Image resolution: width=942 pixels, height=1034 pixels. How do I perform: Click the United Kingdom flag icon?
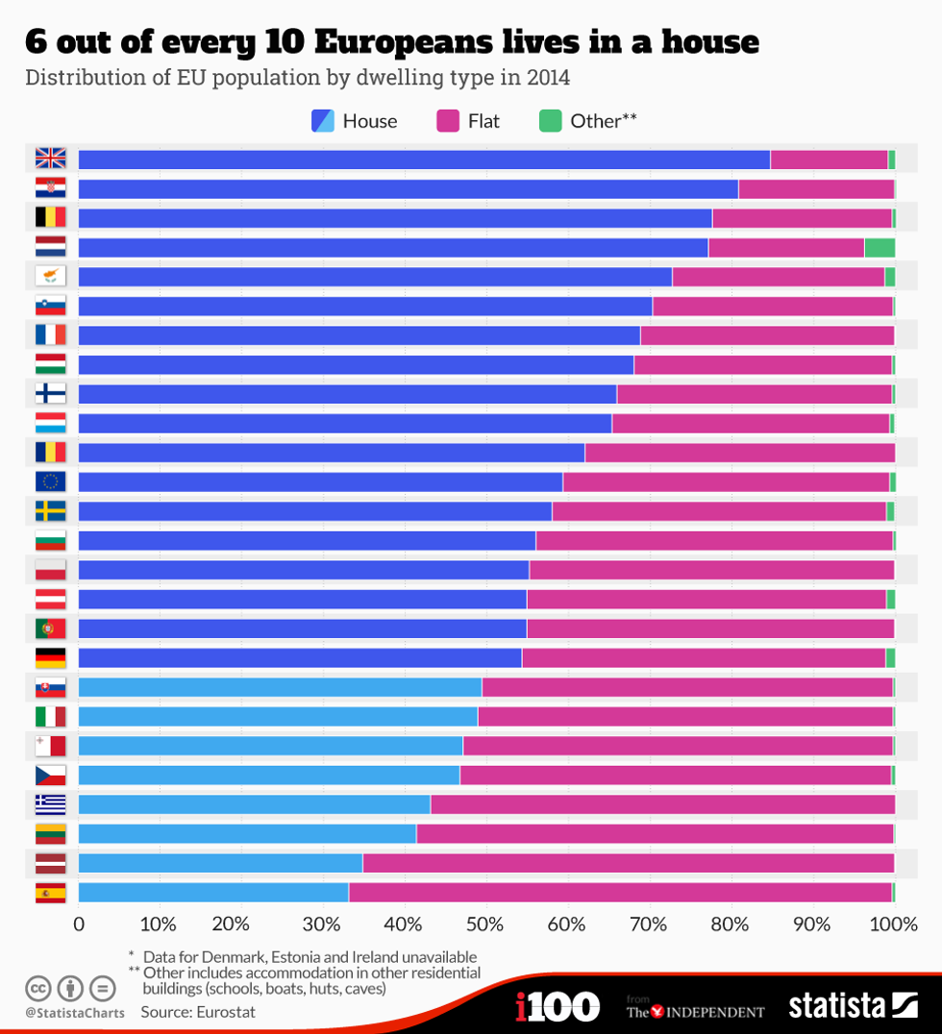tap(50, 159)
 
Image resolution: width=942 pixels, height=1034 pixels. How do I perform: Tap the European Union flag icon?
tap(50, 481)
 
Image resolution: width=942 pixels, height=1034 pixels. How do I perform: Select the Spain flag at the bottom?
tap(50, 893)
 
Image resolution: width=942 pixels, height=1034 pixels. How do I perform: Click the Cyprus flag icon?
tap(50, 276)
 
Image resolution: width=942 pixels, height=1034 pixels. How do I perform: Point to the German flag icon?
tap(50, 658)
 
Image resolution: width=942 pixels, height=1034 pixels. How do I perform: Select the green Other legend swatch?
tap(550, 121)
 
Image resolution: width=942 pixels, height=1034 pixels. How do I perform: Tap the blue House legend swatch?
tap(323, 121)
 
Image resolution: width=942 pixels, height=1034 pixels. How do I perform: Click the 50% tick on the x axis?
tap(484, 925)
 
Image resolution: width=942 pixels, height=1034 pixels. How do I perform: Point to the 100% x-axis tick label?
tap(893, 925)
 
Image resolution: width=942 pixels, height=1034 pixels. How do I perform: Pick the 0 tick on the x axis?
tap(79, 925)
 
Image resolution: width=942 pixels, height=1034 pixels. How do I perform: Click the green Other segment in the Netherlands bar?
tap(880, 247)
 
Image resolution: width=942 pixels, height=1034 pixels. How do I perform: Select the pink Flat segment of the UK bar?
tap(829, 160)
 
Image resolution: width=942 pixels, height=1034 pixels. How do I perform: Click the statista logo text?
tap(836, 1006)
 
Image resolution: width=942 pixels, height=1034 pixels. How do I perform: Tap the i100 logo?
tap(558, 1006)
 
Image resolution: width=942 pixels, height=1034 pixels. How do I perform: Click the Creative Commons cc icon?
tap(38, 988)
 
